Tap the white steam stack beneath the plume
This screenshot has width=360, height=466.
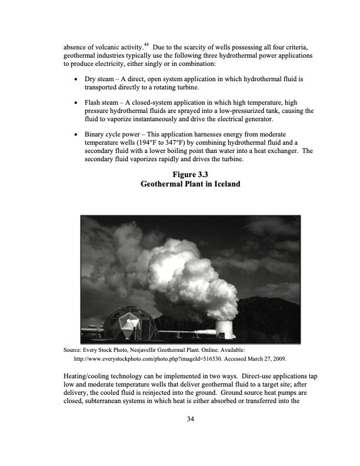[225, 329]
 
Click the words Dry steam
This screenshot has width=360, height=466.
[101, 78]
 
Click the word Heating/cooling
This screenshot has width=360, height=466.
[86, 375]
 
